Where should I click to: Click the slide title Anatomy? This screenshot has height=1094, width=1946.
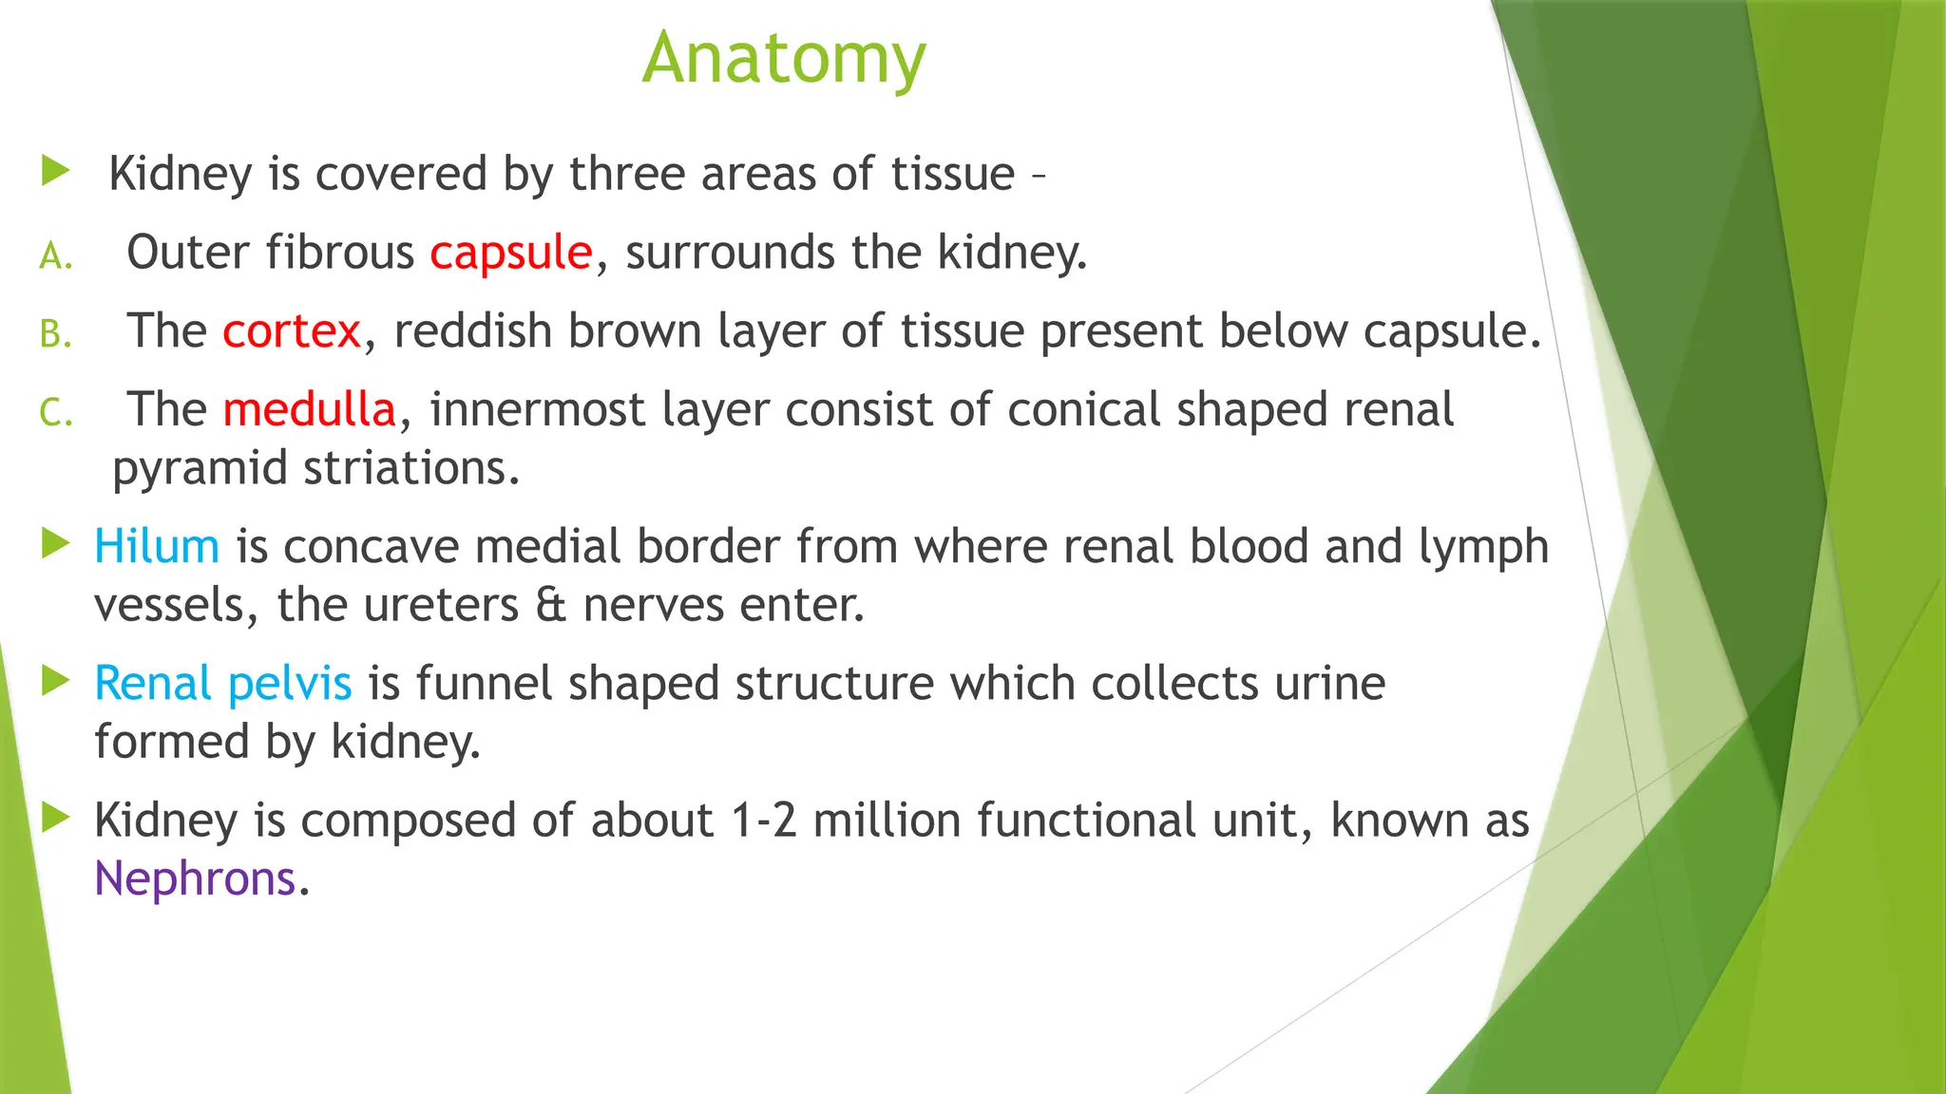tap(784, 59)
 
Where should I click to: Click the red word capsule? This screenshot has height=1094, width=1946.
tap(510, 254)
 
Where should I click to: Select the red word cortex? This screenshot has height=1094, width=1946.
tap(292, 331)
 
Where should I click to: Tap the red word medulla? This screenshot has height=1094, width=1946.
tap(309, 410)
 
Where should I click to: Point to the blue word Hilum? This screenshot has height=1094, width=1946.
tap(157, 547)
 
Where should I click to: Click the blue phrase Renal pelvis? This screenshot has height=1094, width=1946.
tap(223, 684)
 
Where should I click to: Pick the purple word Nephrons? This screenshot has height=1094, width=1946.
tap(195, 878)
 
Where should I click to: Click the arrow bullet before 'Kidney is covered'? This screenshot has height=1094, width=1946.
tap(56, 172)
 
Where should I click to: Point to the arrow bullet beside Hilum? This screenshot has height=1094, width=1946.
tap(56, 544)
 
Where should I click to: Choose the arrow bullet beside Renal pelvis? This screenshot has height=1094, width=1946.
tap(56, 681)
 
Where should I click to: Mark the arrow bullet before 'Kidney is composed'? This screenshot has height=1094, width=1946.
tap(56, 818)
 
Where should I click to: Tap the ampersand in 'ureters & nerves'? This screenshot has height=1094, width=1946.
tap(550, 606)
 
